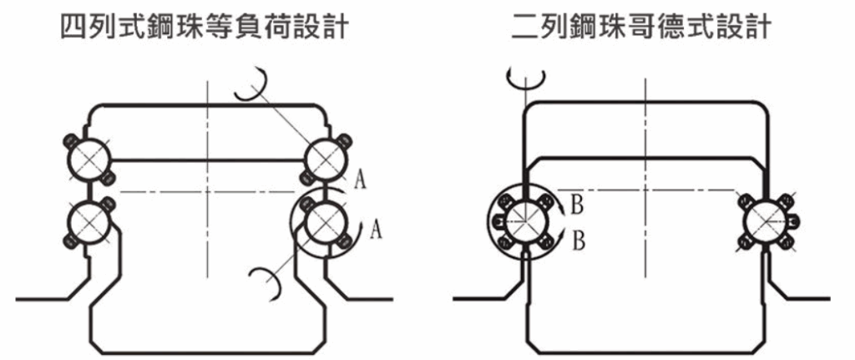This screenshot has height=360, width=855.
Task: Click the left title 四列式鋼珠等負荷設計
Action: click(x=204, y=30)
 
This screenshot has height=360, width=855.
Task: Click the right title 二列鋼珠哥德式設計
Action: click(x=642, y=30)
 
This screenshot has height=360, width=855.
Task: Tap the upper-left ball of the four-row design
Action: click(x=88, y=157)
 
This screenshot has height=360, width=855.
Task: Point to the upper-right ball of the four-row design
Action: click(x=323, y=157)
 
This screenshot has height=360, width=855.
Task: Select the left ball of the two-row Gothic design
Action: click(x=521, y=221)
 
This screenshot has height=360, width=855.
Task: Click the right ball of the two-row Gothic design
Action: click(x=765, y=221)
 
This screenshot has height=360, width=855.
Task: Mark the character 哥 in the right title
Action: click(x=641, y=30)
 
